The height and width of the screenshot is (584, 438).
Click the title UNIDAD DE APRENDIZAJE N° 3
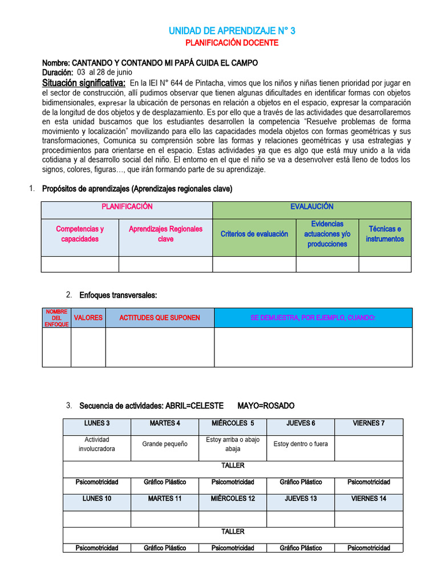(232, 31)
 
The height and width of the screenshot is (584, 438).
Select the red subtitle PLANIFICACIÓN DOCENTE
(232, 43)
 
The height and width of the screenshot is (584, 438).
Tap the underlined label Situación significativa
(83, 83)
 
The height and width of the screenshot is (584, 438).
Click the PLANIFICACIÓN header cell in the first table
(127, 207)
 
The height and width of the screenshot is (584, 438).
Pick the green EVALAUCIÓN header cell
(311, 207)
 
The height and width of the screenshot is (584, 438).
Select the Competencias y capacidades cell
(80, 234)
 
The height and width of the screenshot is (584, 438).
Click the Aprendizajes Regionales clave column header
(165, 234)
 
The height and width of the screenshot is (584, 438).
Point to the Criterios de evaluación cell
(254, 234)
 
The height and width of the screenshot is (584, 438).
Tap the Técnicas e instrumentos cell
(384, 234)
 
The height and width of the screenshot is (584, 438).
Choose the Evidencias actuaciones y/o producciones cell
(327, 234)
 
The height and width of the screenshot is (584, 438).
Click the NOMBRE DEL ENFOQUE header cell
(56, 318)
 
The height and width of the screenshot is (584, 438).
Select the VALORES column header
(88, 318)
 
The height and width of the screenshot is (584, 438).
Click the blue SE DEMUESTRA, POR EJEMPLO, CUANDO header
(313, 318)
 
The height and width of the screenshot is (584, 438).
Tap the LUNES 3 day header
(96, 423)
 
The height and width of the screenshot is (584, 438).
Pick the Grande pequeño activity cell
(165, 444)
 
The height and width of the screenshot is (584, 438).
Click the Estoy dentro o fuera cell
(301, 444)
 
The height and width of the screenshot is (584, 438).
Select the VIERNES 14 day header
(368, 498)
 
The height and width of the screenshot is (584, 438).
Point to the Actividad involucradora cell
(96, 444)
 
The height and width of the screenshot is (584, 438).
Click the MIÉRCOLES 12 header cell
(233, 498)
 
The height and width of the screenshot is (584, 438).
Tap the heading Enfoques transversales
(118, 295)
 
